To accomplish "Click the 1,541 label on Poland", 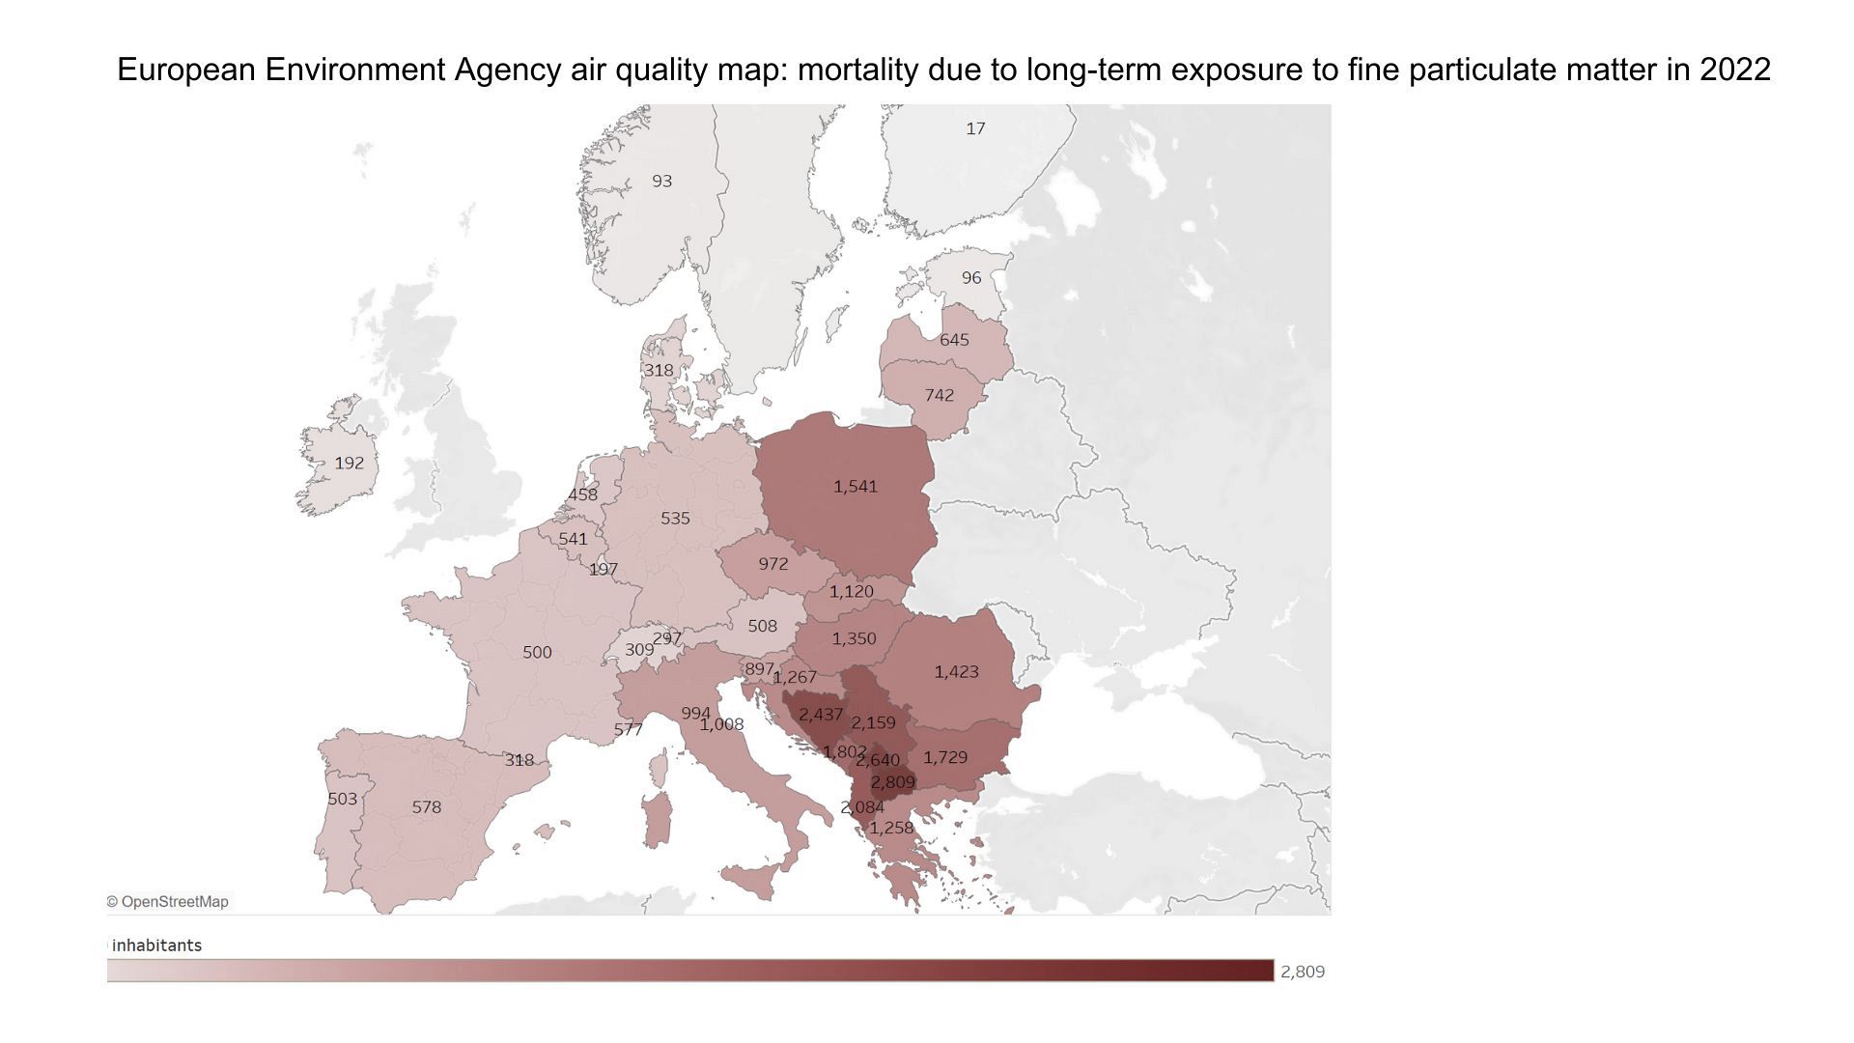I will (856, 486).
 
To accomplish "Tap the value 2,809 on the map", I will (892, 782).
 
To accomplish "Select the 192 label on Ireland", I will (350, 463).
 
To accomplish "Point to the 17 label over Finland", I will (975, 128).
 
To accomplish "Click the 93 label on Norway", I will (661, 181).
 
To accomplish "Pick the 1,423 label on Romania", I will (956, 671).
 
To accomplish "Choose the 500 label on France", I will (537, 652).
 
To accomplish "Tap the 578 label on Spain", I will (427, 806).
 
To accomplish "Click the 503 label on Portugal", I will (343, 799).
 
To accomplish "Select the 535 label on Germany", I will (675, 518).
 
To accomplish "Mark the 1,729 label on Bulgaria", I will (944, 757).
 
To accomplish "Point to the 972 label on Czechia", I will (772, 563).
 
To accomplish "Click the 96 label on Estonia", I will (970, 277).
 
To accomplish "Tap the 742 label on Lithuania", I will (939, 395).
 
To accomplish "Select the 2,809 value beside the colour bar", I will (1302, 972).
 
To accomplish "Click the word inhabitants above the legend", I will (156, 944).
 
